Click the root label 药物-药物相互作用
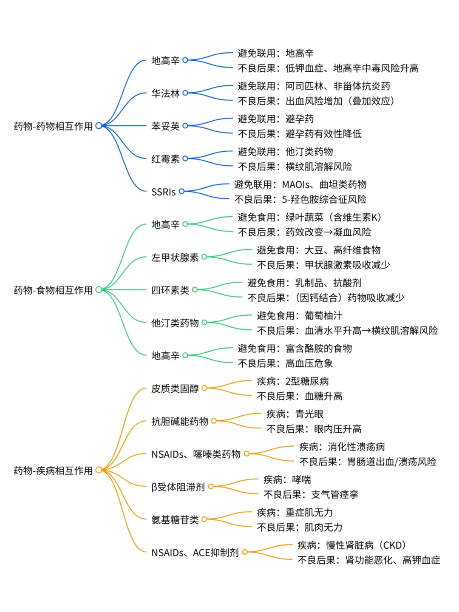(53, 126)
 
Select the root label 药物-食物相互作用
(53, 290)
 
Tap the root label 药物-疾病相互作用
(53, 470)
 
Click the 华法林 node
(165, 93)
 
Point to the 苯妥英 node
(165, 126)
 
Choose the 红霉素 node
(165, 159)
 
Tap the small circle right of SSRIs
(181, 191)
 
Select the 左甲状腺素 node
(175, 258)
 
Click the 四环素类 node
(170, 290)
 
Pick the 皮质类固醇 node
(175, 388)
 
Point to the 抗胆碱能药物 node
(180, 421)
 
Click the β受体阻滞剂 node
(178, 487)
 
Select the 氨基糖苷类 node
(175, 520)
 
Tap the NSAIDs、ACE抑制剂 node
(195, 552)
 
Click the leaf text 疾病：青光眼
(295, 414)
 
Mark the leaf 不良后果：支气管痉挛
(311, 495)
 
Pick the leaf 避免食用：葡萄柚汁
(299, 316)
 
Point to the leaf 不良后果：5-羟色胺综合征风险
(300, 199)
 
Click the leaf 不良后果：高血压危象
(285, 363)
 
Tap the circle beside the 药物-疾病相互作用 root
(99, 470)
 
